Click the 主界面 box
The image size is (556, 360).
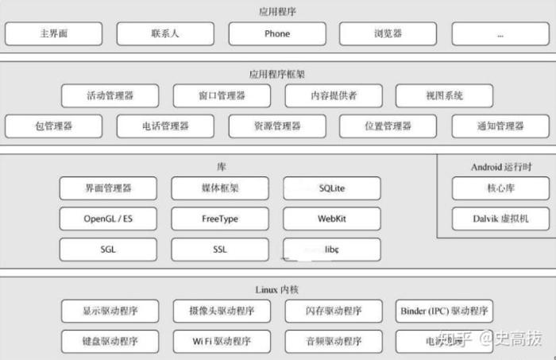54,34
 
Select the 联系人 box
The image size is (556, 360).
165,34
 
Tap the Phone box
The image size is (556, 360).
277,34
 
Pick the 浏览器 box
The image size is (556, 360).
388,34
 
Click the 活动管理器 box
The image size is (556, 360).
110,96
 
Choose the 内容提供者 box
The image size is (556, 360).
333,96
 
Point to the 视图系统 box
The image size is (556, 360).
444,96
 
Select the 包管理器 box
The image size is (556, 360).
54,126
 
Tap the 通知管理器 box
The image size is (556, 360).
500,126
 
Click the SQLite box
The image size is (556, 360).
332,188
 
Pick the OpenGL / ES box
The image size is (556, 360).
108,219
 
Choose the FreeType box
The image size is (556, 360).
220,219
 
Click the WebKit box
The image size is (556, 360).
332,219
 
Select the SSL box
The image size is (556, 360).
220,249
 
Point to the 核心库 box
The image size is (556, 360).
500,188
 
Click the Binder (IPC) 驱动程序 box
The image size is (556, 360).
444,311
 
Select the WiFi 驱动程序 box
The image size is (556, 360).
222,342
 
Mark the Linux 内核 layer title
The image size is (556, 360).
277,290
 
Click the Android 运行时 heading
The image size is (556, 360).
497,167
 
